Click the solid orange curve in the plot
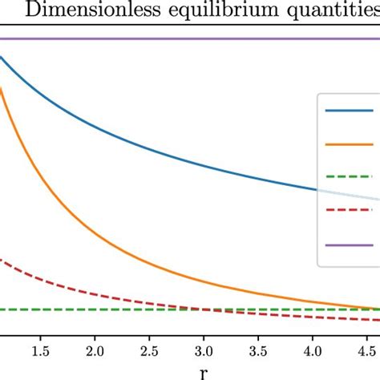coord(80,212)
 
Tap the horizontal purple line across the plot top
coord(160,38)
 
